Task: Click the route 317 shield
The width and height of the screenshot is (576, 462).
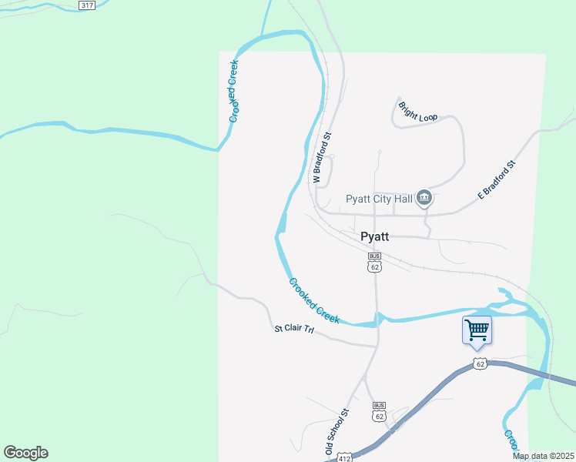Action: tap(86, 5)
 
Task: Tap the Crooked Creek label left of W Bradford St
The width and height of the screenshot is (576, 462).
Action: tap(235, 92)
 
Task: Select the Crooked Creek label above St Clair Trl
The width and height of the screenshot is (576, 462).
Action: tap(314, 300)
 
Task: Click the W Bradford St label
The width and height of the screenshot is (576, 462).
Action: tap(321, 158)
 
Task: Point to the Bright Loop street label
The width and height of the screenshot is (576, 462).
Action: tap(418, 112)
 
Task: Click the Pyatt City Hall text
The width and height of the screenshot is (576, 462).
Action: tap(379, 199)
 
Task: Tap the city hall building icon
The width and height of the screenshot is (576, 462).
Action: tap(424, 199)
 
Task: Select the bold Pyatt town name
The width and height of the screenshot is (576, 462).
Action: tap(374, 237)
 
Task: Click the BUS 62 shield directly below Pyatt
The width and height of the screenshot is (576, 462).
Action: tap(374, 263)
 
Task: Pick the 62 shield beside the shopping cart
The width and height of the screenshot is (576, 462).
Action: tap(480, 363)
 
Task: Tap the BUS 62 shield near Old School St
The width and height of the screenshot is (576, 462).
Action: tap(378, 413)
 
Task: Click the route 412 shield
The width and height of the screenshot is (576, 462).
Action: tap(344, 457)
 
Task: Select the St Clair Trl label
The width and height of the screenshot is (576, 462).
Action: tap(295, 330)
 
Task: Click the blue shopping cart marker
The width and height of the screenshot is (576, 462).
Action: tap(477, 330)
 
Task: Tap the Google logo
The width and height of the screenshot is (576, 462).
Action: tap(25, 453)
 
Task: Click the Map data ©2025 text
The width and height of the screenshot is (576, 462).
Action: tap(543, 456)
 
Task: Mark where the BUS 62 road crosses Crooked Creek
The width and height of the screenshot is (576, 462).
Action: tap(377, 319)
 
